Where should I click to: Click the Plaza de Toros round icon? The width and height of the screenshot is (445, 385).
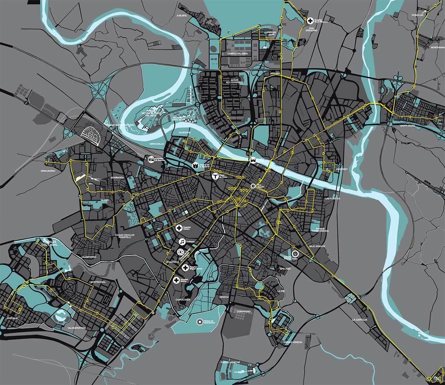[214, 176]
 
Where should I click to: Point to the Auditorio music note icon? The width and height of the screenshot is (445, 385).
[182, 241]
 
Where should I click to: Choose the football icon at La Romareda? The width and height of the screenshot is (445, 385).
[180, 252]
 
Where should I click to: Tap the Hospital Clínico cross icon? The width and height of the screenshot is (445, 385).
[179, 228]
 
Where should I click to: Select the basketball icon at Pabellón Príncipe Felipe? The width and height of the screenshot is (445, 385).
[295, 254]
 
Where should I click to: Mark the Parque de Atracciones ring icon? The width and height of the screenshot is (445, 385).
[200, 322]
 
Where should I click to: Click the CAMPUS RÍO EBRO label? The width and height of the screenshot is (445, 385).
[240, 53]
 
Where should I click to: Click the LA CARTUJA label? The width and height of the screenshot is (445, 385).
[360, 319]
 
